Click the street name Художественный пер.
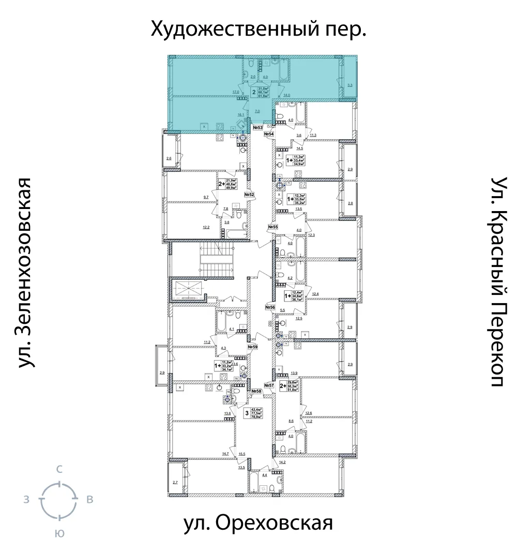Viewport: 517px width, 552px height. (258, 29)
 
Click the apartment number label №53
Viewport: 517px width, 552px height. (258, 127)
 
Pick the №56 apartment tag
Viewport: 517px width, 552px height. (269, 307)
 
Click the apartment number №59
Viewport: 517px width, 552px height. (253, 347)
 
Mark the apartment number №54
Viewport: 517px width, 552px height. (269, 135)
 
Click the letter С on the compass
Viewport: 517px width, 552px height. (59, 470)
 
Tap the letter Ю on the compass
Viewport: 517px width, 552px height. (59, 534)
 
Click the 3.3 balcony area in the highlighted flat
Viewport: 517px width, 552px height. (350, 85)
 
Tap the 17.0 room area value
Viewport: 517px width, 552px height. (236, 92)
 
